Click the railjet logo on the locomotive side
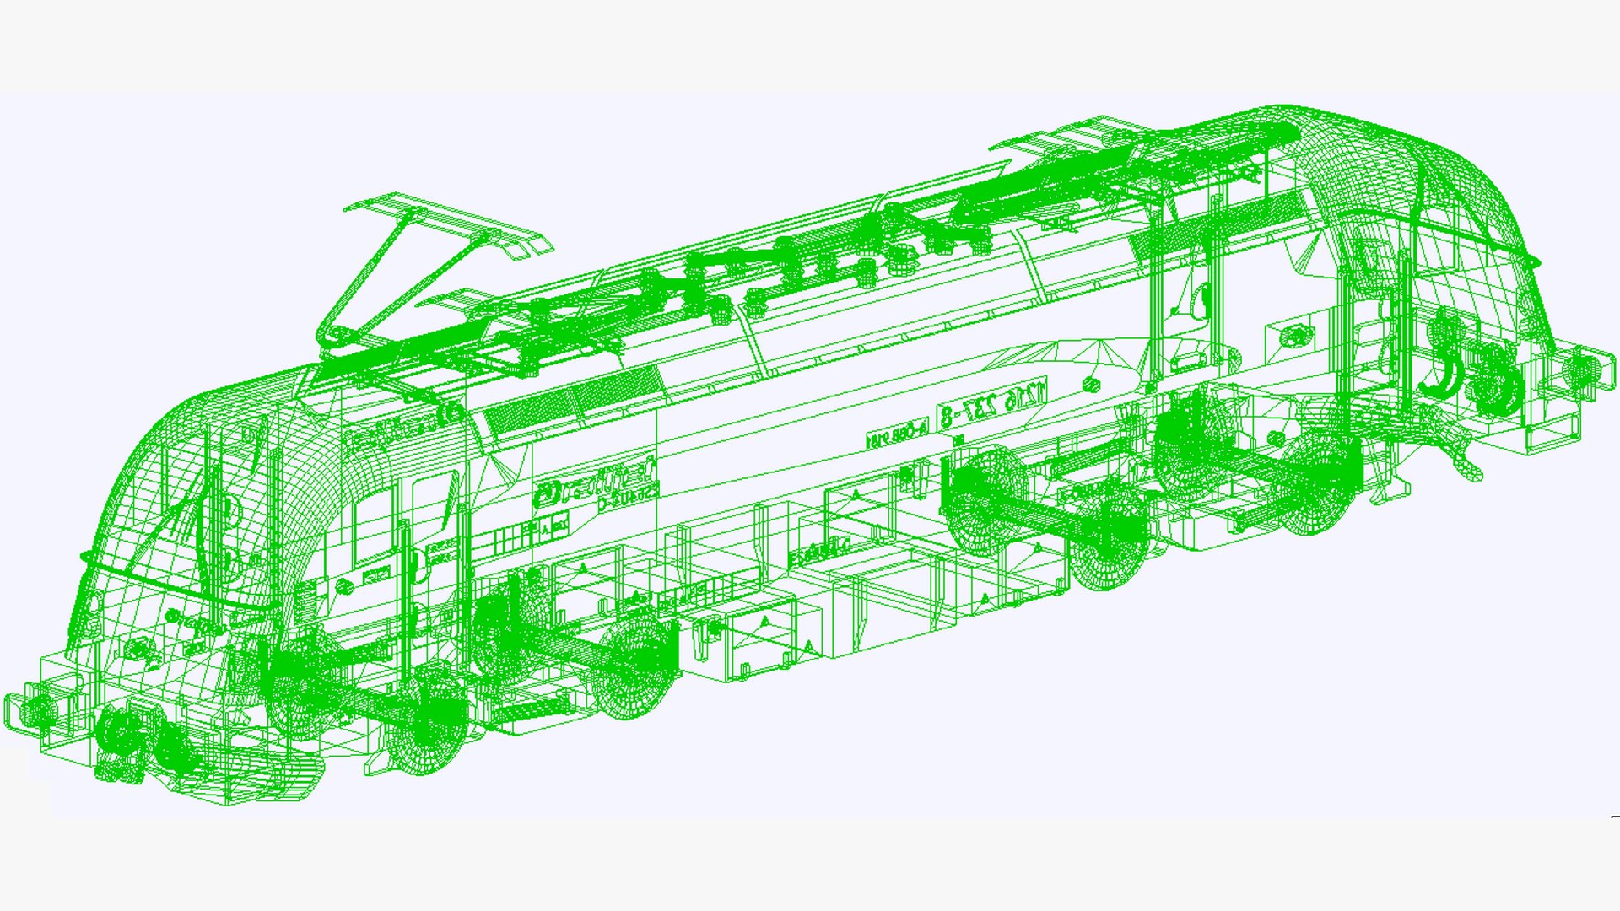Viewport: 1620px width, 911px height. click(595, 482)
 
